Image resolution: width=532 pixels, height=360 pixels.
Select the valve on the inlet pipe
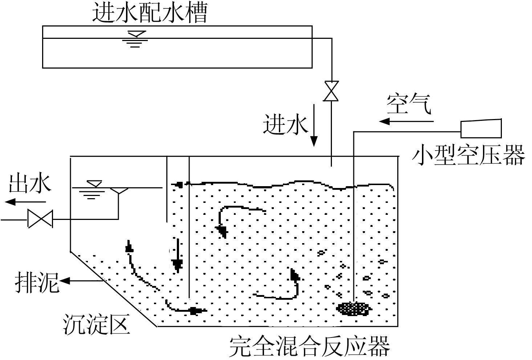pyautogui.click(x=331, y=91)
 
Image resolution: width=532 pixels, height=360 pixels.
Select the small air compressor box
pyautogui.click(x=481, y=128)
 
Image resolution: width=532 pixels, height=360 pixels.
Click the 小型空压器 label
pyautogui.click(x=468, y=155)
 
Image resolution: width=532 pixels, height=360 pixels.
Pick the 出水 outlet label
pyautogui.click(x=30, y=183)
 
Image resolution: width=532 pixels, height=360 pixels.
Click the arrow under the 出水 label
pyautogui.click(x=26, y=201)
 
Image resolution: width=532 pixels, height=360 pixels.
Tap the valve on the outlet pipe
pyautogui.click(x=40, y=219)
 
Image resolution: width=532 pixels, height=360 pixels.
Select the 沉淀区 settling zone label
pyautogui.click(x=96, y=324)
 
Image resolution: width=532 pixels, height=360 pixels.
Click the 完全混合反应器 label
pyautogui.click(x=310, y=347)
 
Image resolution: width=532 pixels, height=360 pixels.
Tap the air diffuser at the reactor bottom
pyautogui.click(x=353, y=309)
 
